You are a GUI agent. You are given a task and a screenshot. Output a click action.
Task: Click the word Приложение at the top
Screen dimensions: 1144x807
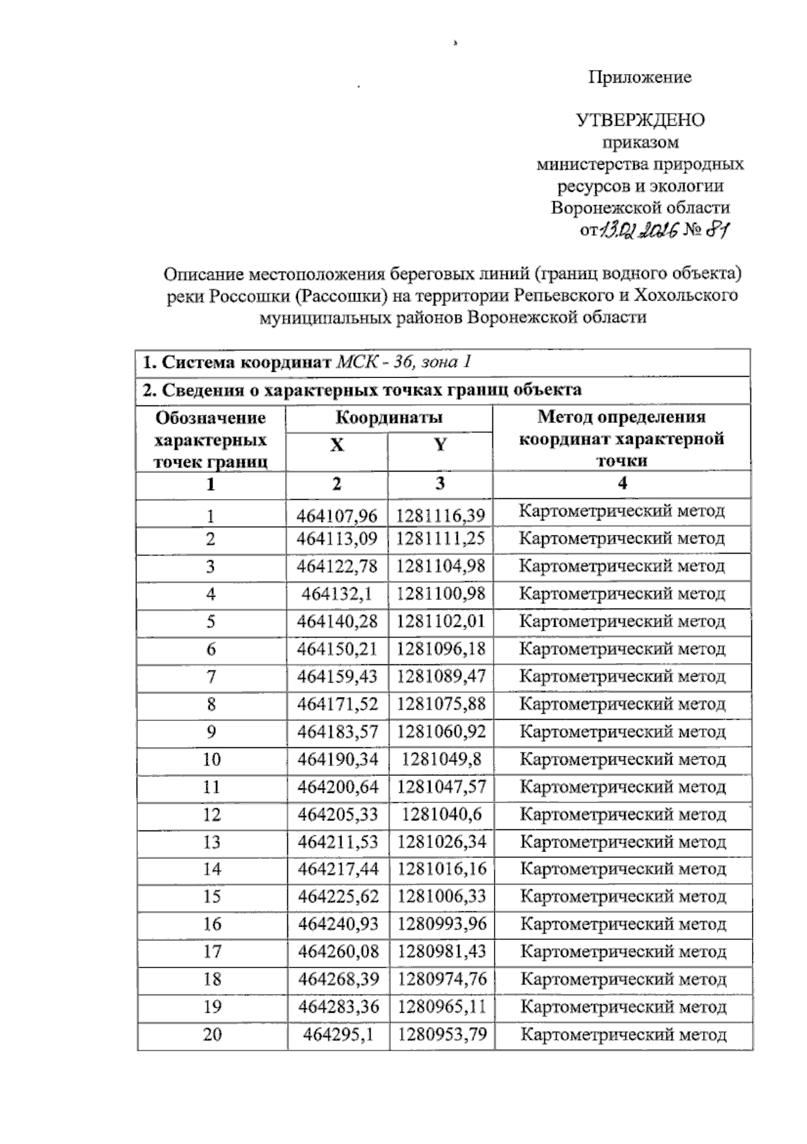point(640,77)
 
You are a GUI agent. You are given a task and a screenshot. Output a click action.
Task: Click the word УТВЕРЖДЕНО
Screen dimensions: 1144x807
point(640,120)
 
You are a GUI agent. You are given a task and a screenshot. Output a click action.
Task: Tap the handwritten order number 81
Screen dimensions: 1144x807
point(717,230)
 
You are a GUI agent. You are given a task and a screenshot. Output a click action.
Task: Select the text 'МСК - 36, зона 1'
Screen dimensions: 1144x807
point(403,362)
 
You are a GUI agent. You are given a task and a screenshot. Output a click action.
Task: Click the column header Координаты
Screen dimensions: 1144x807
point(389,418)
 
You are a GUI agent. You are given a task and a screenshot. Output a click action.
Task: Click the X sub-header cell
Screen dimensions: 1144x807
point(337,445)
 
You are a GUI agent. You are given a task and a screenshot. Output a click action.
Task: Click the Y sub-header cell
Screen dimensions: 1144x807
point(440,445)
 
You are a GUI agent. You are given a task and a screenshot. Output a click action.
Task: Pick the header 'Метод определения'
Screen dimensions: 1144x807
point(621,417)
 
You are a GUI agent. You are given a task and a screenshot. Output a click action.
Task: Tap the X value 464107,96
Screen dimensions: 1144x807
point(337,517)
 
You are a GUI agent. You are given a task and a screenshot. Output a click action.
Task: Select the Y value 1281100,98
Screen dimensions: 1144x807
point(440,594)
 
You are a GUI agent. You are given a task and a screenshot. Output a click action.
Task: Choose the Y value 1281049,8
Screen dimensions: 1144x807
point(441,759)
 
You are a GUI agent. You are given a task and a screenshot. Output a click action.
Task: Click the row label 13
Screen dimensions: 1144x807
point(211,842)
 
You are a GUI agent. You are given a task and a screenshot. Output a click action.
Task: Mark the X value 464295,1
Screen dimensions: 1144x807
point(338,1034)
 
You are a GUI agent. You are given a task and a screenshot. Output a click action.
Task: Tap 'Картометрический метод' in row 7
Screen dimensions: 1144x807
point(623,677)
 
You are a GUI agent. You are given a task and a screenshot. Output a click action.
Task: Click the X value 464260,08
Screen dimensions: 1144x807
point(338,952)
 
